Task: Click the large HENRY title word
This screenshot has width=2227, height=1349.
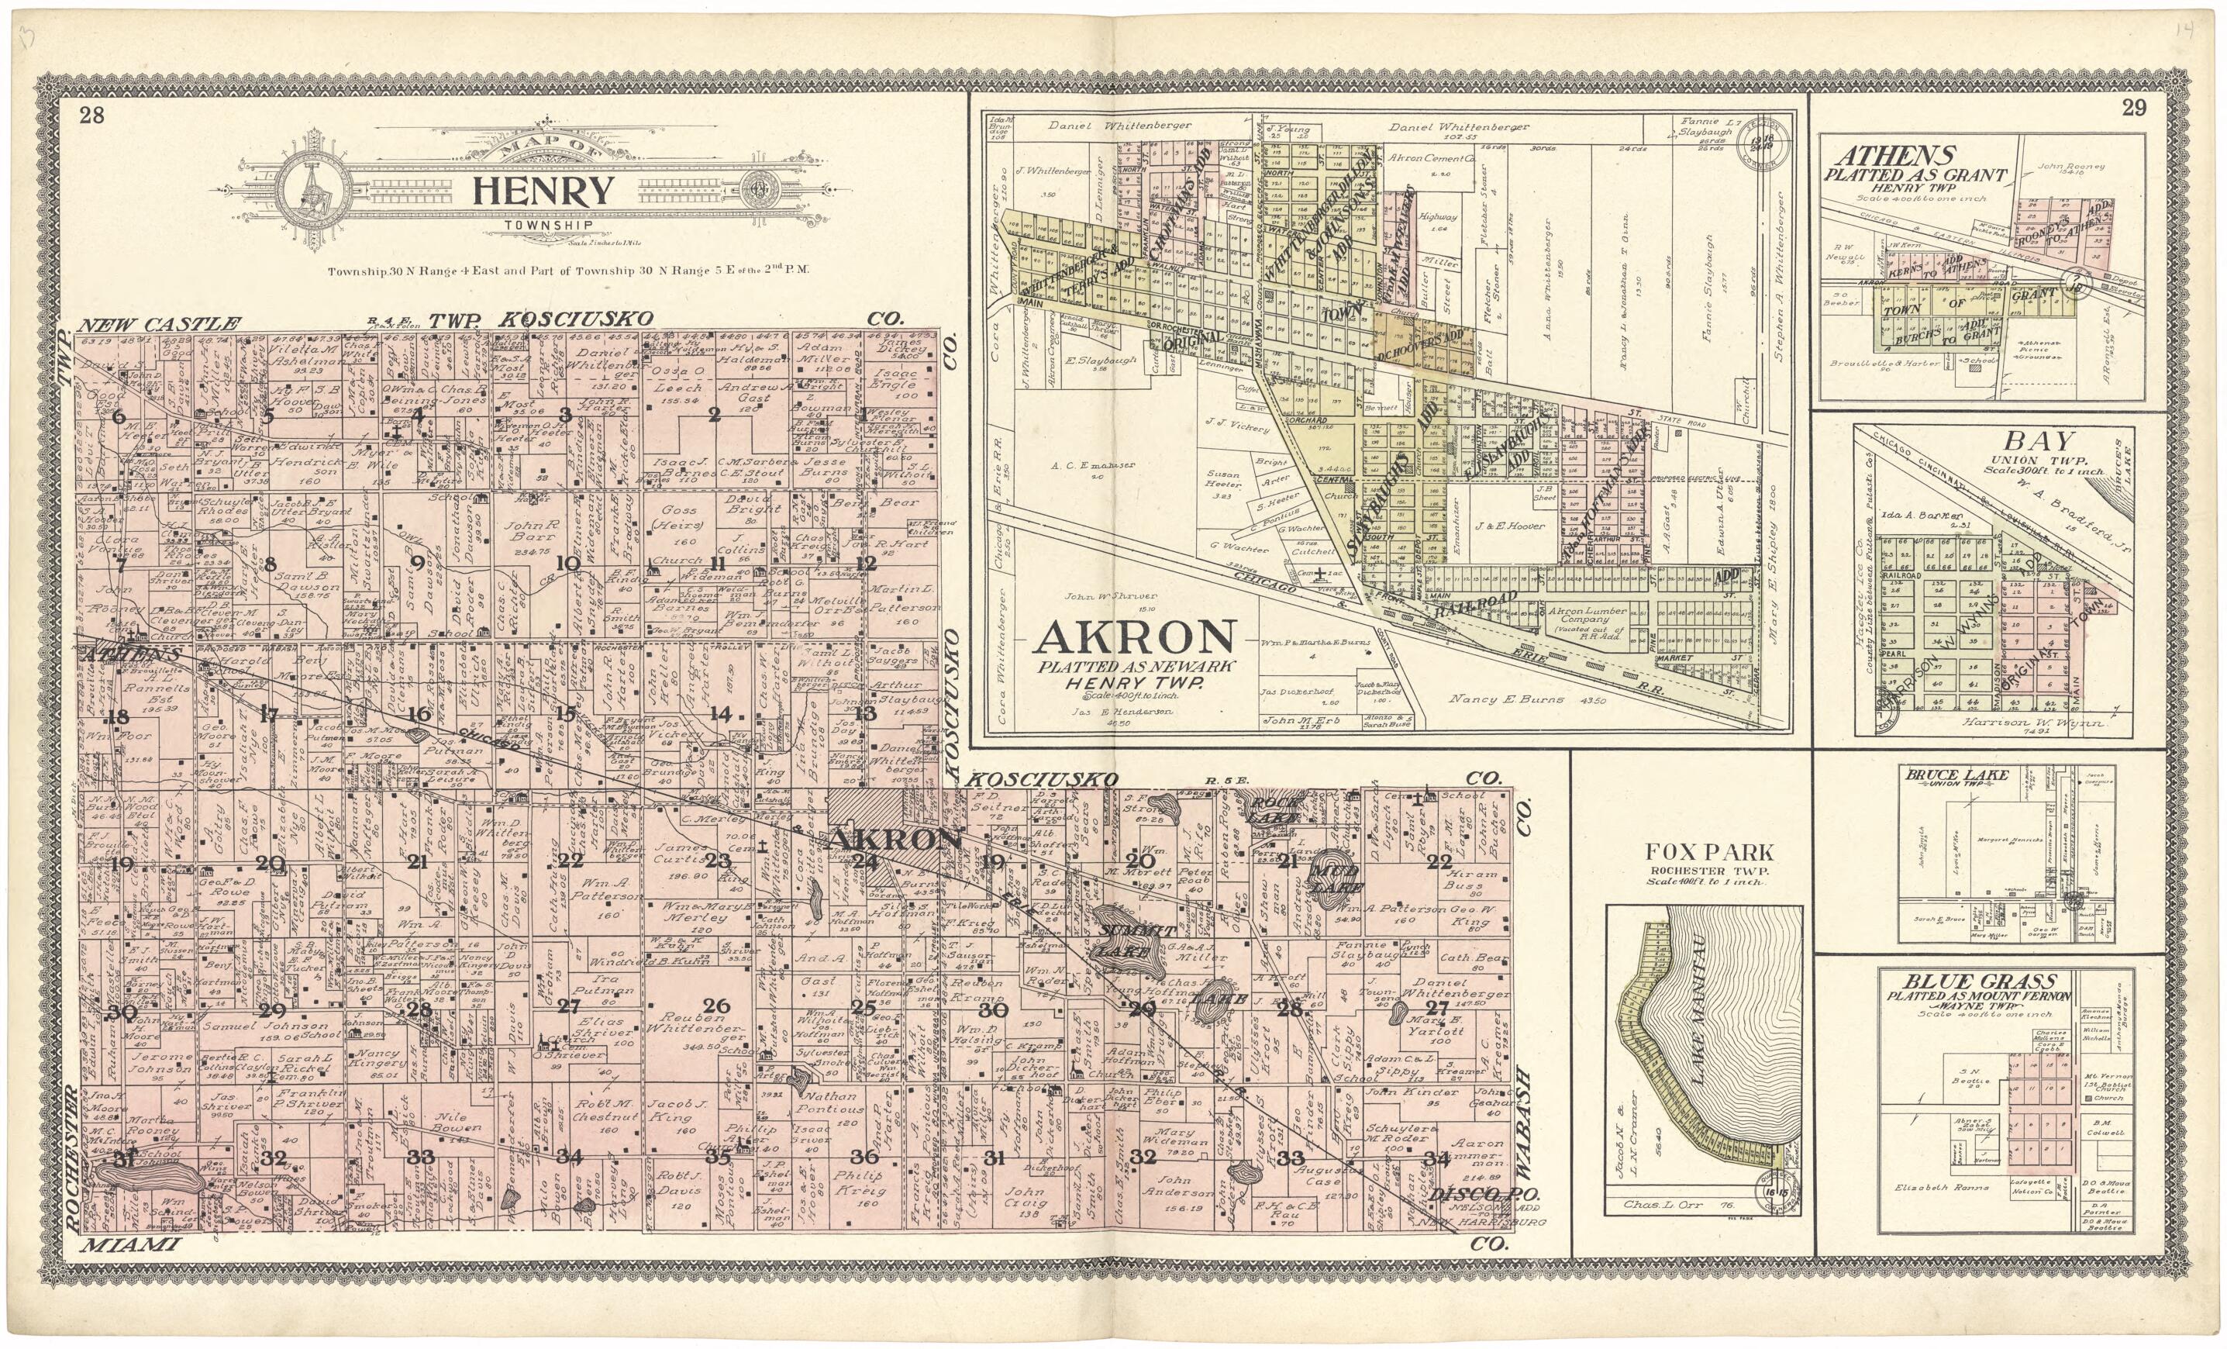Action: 543,192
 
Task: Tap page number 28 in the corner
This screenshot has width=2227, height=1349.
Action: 91,115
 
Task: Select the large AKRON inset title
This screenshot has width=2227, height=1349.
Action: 1135,638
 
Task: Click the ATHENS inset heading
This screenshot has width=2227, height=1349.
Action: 1888,156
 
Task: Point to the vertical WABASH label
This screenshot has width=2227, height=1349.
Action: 1524,1124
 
